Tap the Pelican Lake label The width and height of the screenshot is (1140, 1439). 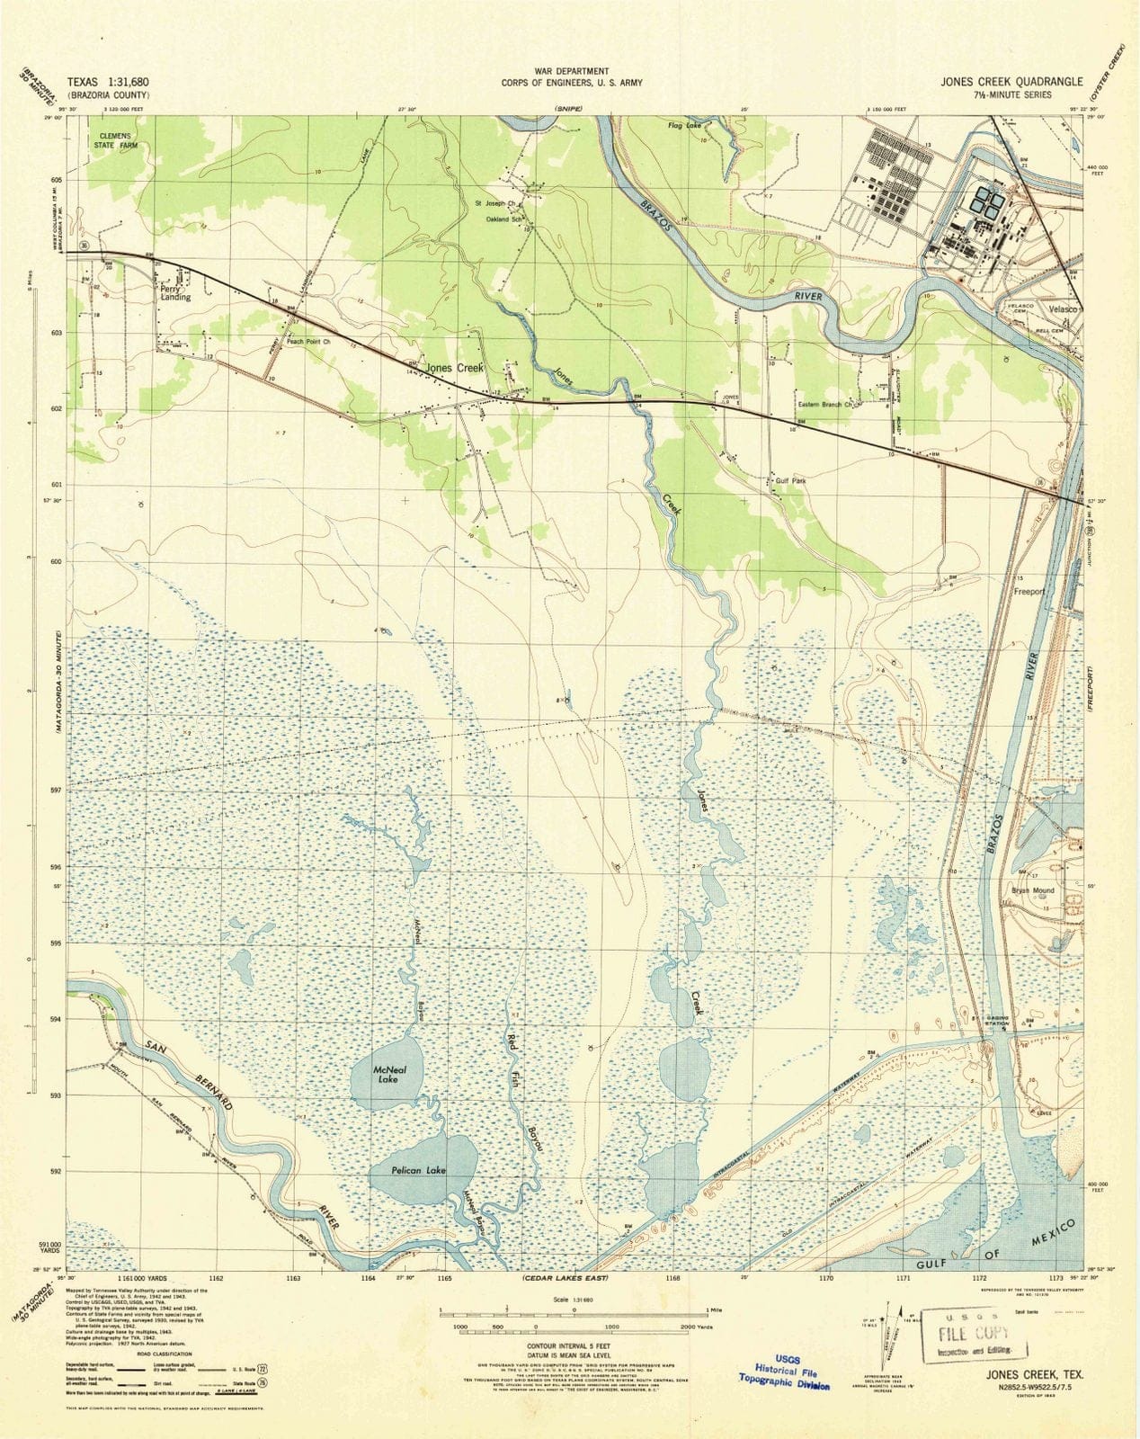point(418,1171)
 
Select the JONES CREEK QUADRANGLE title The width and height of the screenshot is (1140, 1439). point(1012,81)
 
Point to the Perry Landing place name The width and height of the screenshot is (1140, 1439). point(175,292)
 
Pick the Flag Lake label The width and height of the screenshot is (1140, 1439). point(683,126)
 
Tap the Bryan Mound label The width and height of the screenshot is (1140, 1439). point(1033,890)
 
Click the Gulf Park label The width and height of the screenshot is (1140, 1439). point(790,481)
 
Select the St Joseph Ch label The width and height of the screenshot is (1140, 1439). point(494,203)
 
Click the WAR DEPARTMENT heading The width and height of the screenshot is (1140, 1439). point(573,70)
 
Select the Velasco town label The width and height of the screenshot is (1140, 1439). point(1060,308)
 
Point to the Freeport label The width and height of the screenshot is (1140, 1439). point(1029,592)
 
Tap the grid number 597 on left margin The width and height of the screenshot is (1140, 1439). point(57,791)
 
